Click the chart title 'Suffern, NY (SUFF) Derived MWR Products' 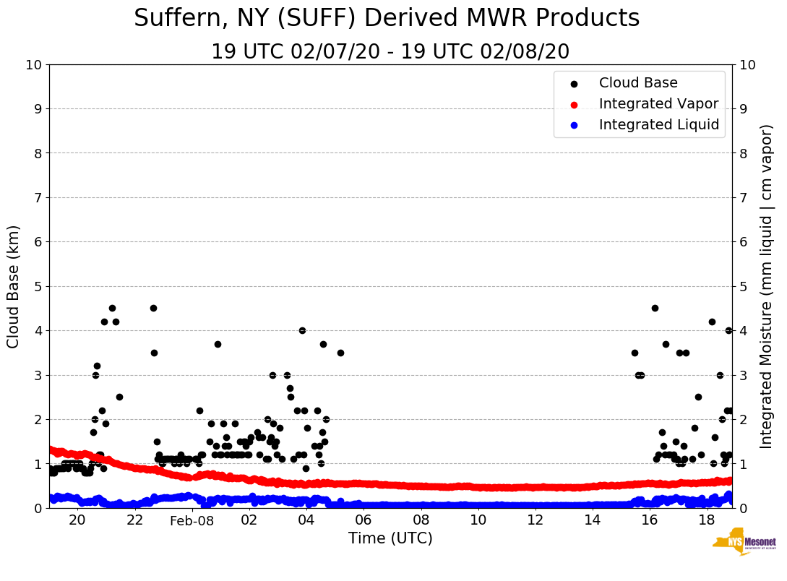click(387, 18)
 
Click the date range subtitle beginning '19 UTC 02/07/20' click(390, 52)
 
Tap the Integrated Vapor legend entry click(658, 104)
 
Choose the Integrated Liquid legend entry click(659, 125)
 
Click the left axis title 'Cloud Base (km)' click(14, 286)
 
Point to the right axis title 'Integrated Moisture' click(767, 286)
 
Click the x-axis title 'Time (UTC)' click(390, 538)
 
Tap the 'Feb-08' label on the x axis click(192, 521)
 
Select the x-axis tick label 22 click(135, 520)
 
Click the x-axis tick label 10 click(478, 520)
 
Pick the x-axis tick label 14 click(593, 520)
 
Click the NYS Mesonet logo click(744, 543)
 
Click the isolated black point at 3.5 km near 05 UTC click(340, 353)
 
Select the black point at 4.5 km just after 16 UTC click(655, 308)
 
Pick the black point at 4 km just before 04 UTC click(302, 330)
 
